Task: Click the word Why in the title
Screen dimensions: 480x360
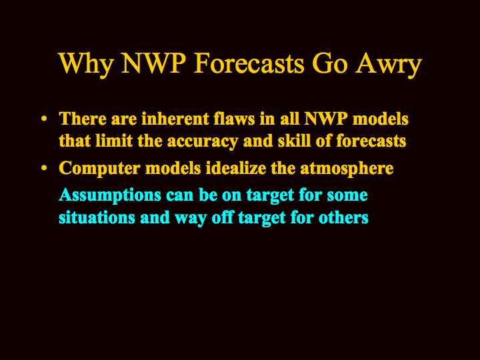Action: click(x=86, y=65)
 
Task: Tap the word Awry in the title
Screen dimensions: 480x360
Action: click(x=389, y=65)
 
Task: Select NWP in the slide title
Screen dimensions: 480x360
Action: click(x=154, y=63)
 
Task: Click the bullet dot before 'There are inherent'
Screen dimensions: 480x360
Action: click(x=44, y=119)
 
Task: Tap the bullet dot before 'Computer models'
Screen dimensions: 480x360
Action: click(x=44, y=168)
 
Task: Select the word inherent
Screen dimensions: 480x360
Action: click(x=175, y=119)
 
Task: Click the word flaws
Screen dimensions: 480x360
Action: click(x=234, y=119)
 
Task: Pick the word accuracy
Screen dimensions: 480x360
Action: click(x=203, y=142)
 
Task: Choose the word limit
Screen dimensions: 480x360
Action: click(x=114, y=141)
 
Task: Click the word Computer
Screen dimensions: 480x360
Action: click(x=99, y=169)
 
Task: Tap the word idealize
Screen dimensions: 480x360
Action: click(x=236, y=168)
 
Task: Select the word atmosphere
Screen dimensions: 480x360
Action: click(x=347, y=169)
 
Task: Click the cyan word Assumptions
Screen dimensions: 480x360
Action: click(x=110, y=195)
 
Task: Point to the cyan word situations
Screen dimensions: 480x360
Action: click(x=97, y=217)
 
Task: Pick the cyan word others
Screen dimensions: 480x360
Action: click(x=343, y=217)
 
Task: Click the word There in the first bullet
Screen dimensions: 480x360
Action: click(x=83, y=119)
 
